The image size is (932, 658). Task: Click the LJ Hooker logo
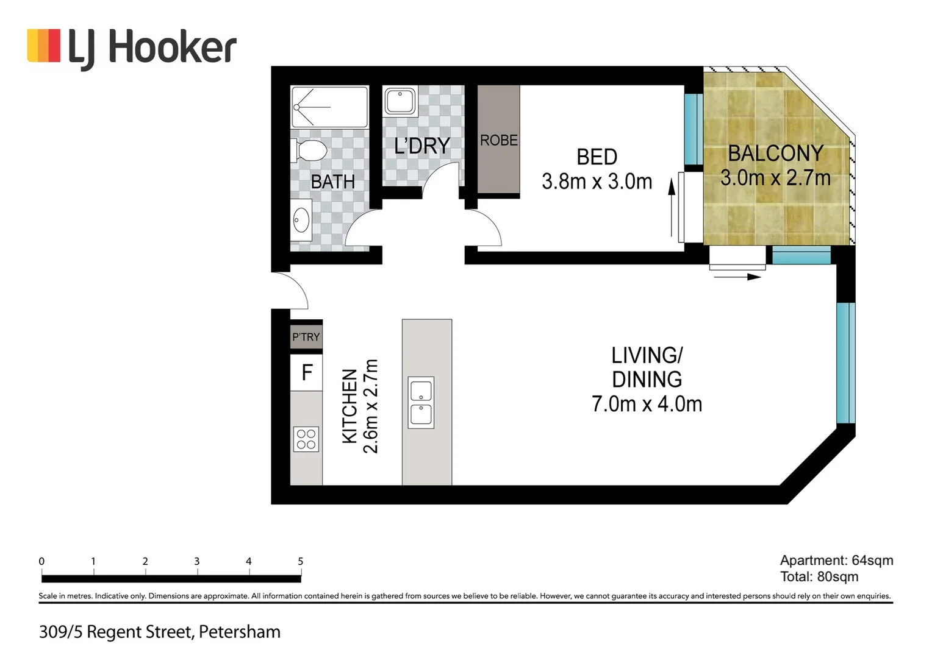click(132, 47)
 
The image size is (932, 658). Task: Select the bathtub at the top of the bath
click(329, 107)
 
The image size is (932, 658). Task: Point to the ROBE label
click(498, 140)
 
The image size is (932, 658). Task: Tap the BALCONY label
click(775, 153)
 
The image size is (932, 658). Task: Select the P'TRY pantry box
click(306, 336)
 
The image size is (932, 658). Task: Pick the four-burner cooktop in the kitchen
click(306, 439)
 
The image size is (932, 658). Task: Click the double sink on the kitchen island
click(421, 402)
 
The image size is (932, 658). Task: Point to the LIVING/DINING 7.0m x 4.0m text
click(647, 379)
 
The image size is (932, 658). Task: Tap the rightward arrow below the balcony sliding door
click(737, 277)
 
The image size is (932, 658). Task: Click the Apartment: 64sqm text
click(836, 561)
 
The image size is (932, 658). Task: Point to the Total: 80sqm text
click(819, 576)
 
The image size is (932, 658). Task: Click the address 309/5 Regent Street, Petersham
click(160, 632)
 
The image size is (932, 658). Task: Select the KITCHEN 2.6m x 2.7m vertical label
click(360, 406)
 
